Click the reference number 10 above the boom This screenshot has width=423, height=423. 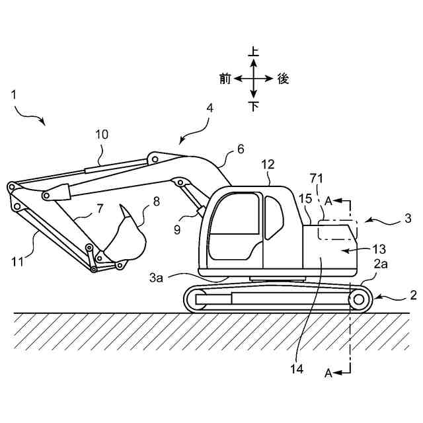(102, 134)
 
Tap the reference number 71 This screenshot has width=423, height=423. (318, 178)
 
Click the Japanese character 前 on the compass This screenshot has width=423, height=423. (225, 79)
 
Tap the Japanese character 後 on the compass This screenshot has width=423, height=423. (283, 79)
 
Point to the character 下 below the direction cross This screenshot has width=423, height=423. (254, 106)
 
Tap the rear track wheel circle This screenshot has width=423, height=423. (359, 301)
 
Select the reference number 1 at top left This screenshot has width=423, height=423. (14, 95)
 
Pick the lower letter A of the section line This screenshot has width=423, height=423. (328, 373)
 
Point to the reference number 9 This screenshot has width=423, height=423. (178, 229)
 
